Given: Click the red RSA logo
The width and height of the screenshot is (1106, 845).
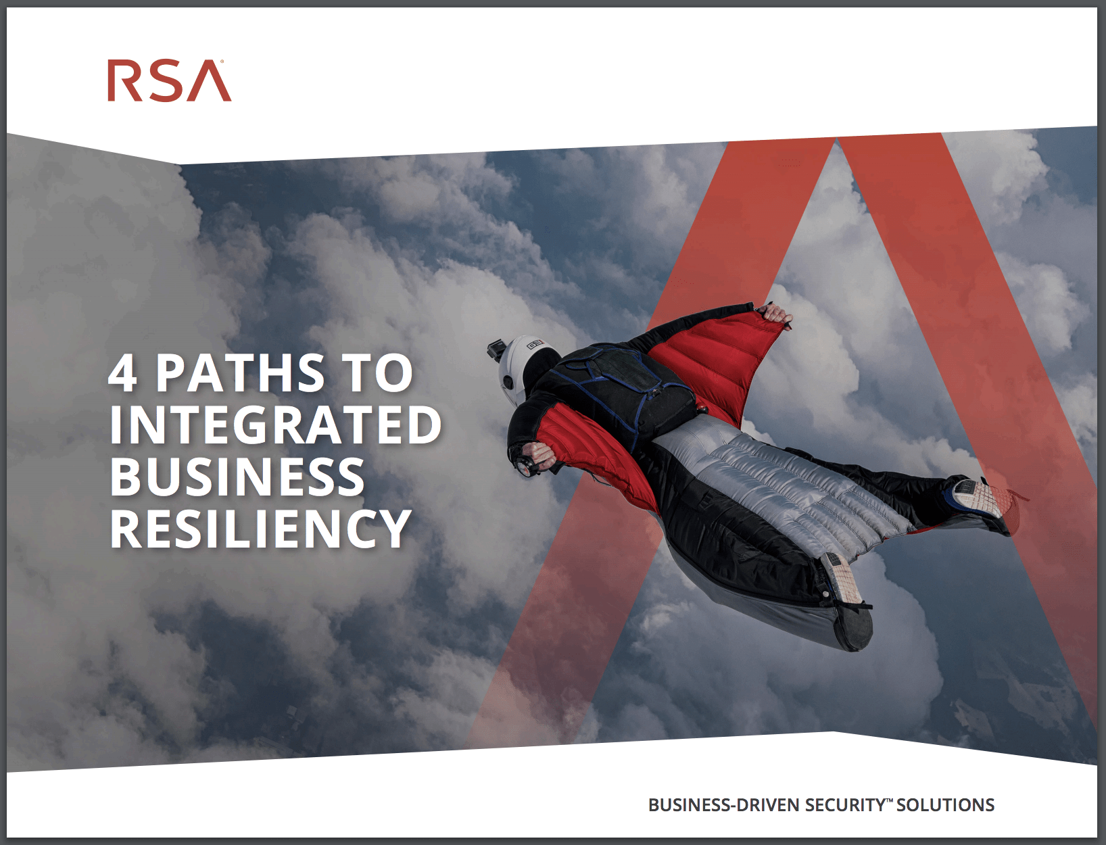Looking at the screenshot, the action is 169,81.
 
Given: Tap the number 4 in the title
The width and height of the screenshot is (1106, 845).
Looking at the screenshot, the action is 122,373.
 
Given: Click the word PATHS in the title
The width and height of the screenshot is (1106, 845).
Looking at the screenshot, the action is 240,373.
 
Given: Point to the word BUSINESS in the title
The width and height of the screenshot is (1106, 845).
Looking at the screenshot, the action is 237,477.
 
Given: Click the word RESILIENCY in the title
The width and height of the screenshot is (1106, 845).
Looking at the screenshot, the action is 260,529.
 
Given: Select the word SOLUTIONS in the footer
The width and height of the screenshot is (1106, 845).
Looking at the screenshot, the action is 945,804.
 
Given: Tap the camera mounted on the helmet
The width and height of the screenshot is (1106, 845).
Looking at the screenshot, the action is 496,351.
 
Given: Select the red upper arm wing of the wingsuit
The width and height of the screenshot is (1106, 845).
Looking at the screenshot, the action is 715,363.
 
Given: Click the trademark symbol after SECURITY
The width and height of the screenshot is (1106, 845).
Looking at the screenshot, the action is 890,799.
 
